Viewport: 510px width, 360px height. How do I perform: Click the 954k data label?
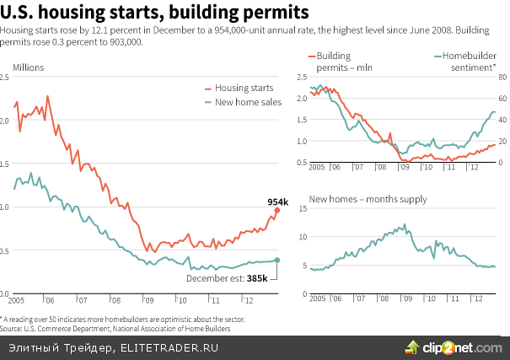pyautogui.click(x=277, y=201)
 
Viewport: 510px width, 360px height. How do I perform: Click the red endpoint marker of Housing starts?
pyautogui.click(x=277, y=210)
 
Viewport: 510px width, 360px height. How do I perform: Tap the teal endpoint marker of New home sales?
pyautogui.click(x=277, y=260)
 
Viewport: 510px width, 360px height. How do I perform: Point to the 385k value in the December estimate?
pyautogui.click(x=257, y=277)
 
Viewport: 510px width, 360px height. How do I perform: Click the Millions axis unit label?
pyautogui.click(x=28, y=67)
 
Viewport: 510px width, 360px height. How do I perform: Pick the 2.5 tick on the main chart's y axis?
pyautogui.click(x=6, y=77)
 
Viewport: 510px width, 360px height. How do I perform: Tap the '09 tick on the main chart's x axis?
pyautogui.click(x=148, y=299)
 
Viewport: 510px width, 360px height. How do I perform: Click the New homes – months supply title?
pyautogui.click(x=368, y=200)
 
